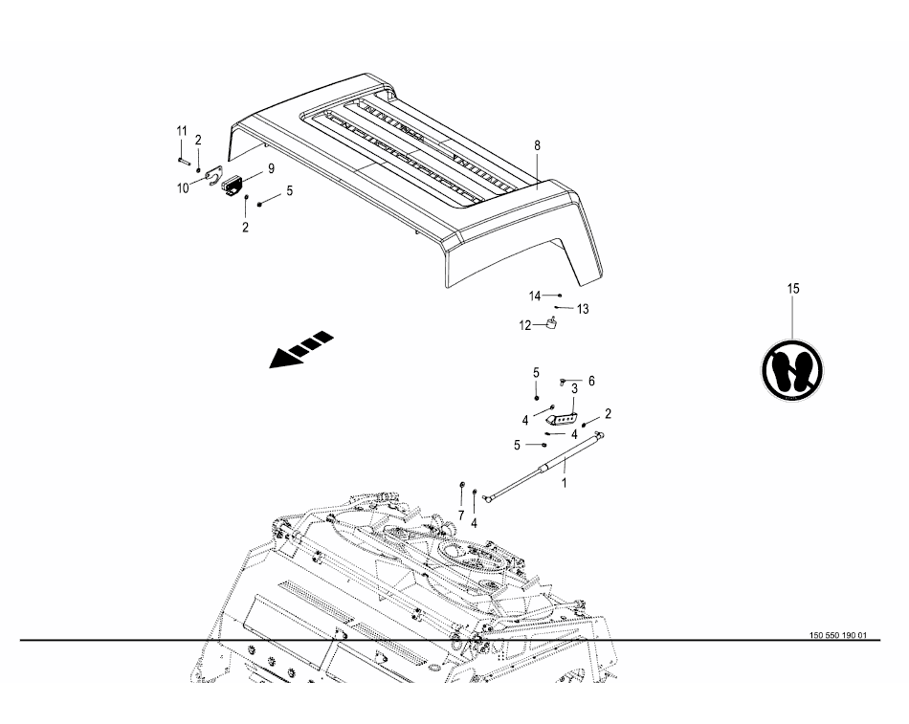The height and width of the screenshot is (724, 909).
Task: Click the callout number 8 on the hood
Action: (537, 145)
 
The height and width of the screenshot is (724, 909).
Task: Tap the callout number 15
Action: (792, 288)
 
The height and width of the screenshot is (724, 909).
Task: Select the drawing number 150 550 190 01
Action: (837, 635)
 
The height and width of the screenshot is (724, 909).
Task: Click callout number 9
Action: (271, 168)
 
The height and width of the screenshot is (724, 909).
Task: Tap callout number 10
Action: (183, 188)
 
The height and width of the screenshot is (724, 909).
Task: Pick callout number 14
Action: (535, 295)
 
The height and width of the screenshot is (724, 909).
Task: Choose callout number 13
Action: (583, 309)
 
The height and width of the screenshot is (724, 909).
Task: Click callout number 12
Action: (524, 325)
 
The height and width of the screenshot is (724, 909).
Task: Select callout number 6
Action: (591, 381)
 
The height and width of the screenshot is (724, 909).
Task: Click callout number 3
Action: (574, 388)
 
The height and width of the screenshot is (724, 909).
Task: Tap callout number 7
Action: (460, 515)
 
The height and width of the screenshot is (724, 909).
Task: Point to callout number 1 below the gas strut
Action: (564, 483)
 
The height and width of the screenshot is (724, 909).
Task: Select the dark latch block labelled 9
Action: (233, 184)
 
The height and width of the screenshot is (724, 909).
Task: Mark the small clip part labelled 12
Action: (552, 324)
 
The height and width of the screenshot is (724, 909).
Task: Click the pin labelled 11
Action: (181, 151)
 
